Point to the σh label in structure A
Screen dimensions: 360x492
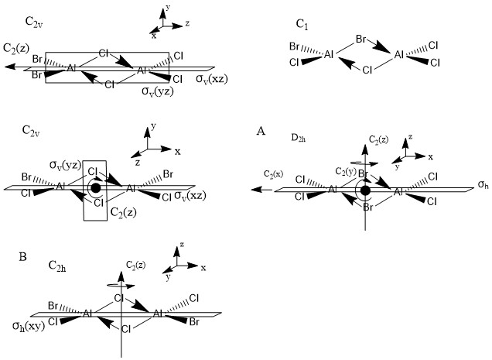coord(483,186)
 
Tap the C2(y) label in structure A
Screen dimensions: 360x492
coord(345,170)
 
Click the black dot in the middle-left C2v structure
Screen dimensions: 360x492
coord(95,187)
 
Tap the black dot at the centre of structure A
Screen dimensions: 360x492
coord(365,190)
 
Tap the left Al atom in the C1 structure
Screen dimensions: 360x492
coord(329,55)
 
